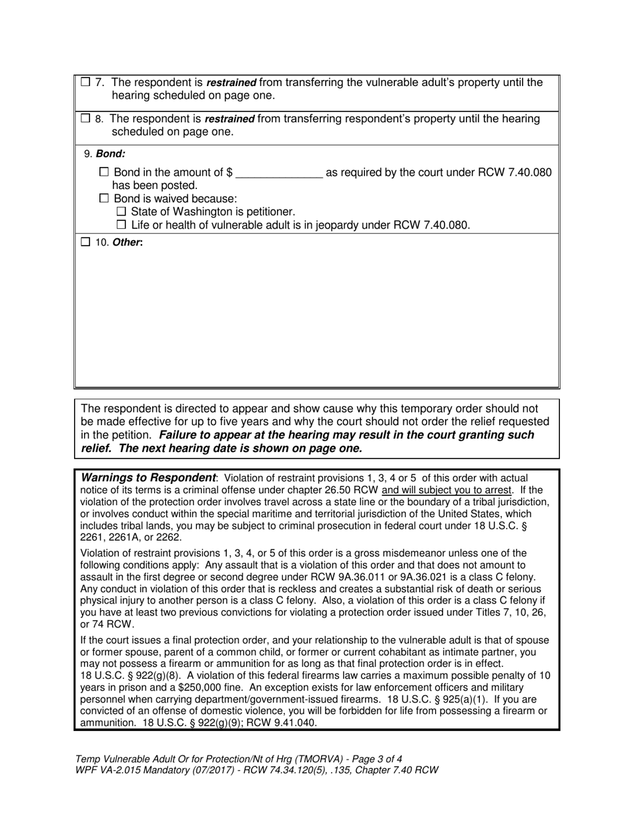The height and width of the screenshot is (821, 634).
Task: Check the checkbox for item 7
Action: pyautogui.click(x=85, y=83)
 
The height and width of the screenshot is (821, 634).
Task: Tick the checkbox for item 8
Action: pyautogui.click(x=85, y=119)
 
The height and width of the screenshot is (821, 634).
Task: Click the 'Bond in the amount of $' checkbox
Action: pyautogui.click(x=103, y=172)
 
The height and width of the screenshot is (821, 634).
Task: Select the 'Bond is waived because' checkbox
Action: pyautogui.click(x=103, y=198)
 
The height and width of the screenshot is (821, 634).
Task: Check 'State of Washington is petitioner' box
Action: pyautogui.click(x=121, y=212)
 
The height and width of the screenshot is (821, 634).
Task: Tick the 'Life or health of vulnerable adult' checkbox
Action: pyautogui.click(x=121, y=225)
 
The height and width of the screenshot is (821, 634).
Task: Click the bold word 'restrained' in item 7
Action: pyautogui.click(x=231, y=83)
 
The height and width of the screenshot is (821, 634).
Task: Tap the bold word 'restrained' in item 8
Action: pyautogui.click(x=229, y=119)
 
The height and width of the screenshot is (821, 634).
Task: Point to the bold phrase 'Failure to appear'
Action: pyautogui.click(x=201, y=435)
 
